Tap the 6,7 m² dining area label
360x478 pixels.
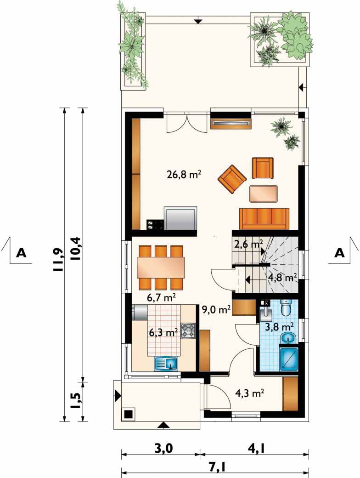(162, 297)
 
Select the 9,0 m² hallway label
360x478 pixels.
(216, 310)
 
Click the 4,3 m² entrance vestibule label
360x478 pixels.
(250, 393)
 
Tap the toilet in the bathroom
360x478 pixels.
(286, 307)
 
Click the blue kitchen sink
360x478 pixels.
(167, 364)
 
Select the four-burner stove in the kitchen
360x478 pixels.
(188, 331)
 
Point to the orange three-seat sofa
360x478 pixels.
(264, 219)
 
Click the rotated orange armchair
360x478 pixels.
(232, 179)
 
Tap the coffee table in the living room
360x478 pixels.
(264, 194)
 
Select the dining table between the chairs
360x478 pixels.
(161, 267)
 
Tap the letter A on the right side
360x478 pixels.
(339, 252)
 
